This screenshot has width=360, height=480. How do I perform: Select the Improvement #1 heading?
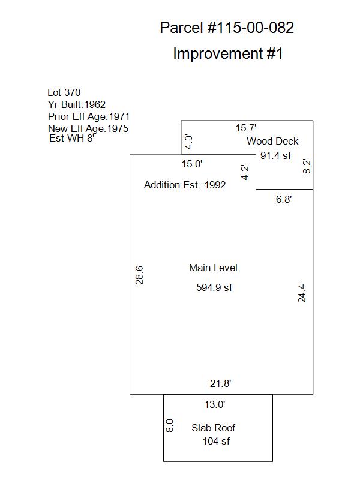click(228, 53)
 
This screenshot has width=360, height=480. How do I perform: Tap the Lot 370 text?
click(64, 92)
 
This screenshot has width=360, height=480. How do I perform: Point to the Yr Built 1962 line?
click(77, 104)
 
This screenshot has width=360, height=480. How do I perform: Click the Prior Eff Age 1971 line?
click(89, 116)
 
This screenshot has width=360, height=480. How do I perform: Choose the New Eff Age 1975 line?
click(88, 128)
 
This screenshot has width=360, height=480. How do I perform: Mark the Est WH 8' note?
click(71, 138)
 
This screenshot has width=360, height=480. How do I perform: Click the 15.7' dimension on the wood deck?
click(246, 128)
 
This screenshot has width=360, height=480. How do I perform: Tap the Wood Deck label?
click(272, 141)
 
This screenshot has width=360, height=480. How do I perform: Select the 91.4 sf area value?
click(275, 155)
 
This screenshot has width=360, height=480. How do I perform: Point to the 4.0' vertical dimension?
click(189, 142)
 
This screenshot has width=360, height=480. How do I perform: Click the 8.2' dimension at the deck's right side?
click(307, 167)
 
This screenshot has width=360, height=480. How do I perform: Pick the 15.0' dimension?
click(192, 164)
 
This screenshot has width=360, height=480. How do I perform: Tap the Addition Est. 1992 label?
click(185, 185)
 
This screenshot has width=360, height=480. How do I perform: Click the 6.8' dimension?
click(284, 199)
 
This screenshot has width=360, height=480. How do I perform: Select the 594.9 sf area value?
click(214, 287)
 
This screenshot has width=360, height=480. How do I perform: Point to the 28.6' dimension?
click(139, 275)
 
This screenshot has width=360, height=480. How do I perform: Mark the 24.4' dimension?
click(302, 293)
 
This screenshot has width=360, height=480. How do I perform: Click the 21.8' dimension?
click(220, 383)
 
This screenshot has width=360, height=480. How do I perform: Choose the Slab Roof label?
click(214, 428)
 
